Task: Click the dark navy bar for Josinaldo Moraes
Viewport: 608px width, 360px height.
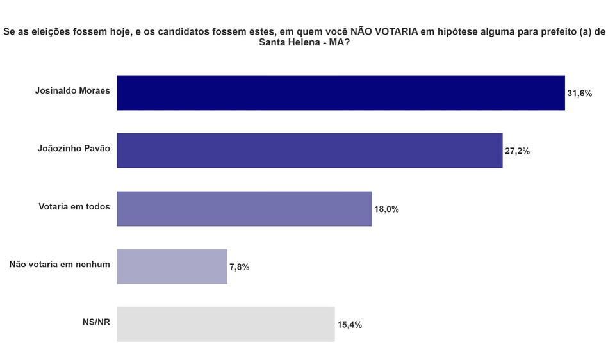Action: point(340,93)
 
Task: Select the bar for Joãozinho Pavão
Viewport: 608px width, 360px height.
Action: point(309,151)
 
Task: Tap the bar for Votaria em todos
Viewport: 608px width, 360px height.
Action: point(244,208)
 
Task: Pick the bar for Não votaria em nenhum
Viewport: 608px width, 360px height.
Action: point(172,266)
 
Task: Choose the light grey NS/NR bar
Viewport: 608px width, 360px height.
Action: point(226,324)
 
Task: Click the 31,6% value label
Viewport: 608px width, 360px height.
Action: point(580,94)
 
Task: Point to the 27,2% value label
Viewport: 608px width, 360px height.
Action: point(518,152)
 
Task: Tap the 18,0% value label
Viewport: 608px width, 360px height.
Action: point(386,209)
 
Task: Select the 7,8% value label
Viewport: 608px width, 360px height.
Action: point(239,267)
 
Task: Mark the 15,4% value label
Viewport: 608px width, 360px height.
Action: point(350,325)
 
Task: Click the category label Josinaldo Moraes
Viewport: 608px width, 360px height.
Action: point(72,90)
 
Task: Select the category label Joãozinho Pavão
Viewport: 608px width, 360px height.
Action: point(74,148)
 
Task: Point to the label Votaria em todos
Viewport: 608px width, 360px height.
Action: point(75,206)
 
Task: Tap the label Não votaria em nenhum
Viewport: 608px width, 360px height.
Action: point(60,264)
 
